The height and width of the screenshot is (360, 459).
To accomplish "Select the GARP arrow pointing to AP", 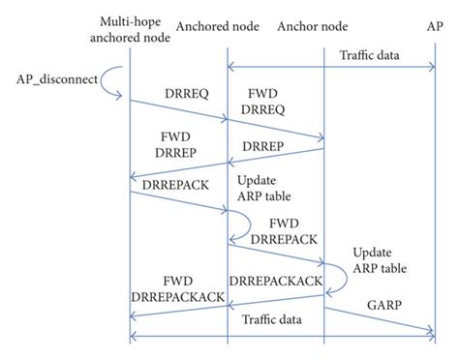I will coord(378,319).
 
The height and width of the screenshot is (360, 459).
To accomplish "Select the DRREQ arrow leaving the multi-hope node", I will coord(178,108).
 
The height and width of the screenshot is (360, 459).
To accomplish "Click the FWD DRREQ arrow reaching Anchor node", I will coord(275,130).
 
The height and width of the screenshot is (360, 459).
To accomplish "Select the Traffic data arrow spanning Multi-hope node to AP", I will coord(281,337).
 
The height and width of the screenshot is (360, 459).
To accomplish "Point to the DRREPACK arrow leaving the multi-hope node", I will coord(178,202).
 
